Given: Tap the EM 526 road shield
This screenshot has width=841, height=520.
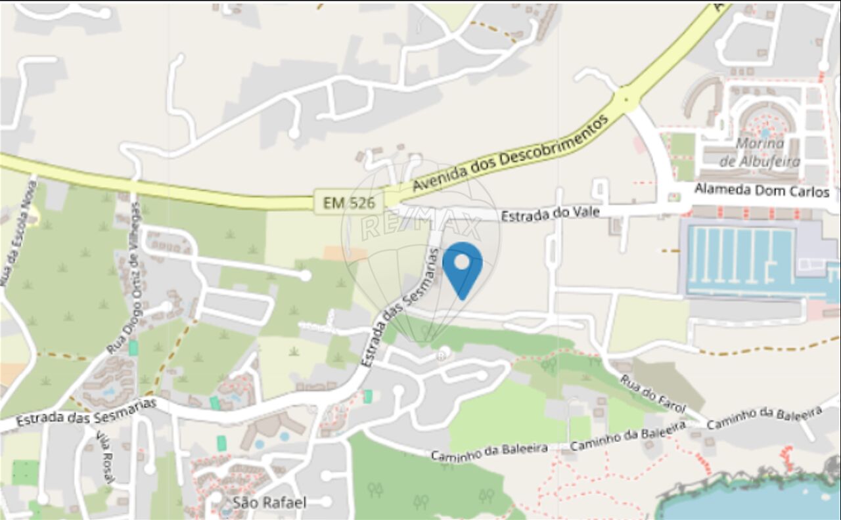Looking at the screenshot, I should click(349, 203).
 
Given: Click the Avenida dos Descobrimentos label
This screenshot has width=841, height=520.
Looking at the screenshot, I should click(509, 154).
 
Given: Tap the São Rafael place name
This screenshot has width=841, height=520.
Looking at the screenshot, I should click(269, 503).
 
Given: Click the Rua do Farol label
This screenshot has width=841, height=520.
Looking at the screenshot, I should click(653, 394).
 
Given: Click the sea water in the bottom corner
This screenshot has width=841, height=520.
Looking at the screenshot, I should click(756, 502).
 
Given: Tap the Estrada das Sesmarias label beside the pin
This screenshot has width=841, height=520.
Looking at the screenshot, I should click(399, 306).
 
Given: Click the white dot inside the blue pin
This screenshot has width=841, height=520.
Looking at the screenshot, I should click(462, 262).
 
